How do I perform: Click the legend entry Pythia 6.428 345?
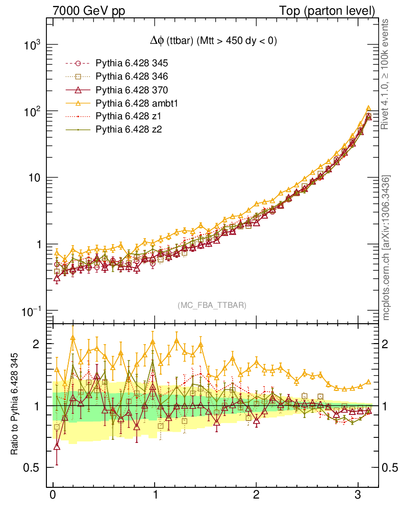(x=132, y=64)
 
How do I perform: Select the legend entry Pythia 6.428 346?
(x=132, y=77)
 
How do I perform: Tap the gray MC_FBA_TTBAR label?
(x=212, y=305)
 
